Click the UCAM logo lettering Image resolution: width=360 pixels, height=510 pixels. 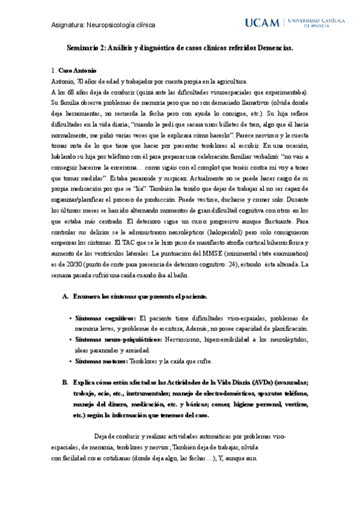tap(262, 23)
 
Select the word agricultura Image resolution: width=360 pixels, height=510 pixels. tap(229, 81)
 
